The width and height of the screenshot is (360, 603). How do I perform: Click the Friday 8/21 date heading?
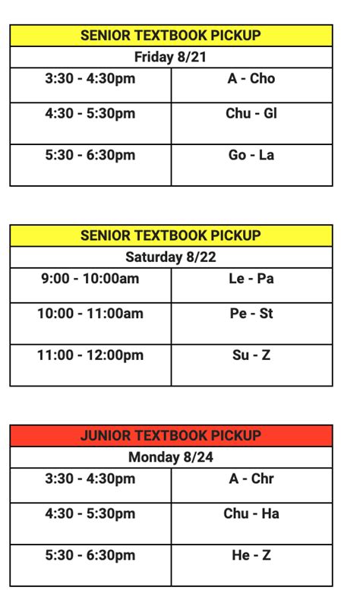pyautogui.click(x=171, y=57)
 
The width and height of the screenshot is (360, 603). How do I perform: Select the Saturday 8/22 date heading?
pyautogui.click(x=171, y=257)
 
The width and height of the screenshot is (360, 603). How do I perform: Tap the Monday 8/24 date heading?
pyautogui.click(x=171, y=457)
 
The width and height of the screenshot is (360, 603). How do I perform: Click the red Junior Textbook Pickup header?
pyautogui.click(x=171, y=436)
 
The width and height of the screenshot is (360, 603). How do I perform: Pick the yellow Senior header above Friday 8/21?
pyautogui.click(x=171, y=36)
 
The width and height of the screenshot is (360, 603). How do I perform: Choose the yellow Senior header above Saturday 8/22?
pyautogui.click(x=171, y=235)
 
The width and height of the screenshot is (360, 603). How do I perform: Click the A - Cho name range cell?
pyautogui.click(x=251, y=79)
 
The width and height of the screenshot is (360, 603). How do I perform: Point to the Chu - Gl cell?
pyautogui.click(x=251, y=114)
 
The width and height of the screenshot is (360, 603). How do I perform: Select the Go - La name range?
pyautogui.click(x=251, y=156)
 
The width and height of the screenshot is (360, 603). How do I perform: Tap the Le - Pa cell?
pyautogui.click(x=251, y=279)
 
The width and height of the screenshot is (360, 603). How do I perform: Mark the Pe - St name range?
pyautogui.click(x=251, y=314)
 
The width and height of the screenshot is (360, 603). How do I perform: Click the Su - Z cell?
pyautogui.click(x=251, y=355)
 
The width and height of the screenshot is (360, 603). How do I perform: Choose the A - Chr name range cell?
pyautogui.click(x=251, y=479)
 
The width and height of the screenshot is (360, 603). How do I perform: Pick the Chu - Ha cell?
pyautogui.click(x=251, y=514)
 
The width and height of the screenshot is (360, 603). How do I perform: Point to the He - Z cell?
pyautogui.click(x=251, y=556)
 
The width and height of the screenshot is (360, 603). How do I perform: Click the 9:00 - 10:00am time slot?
pyautogui.click(x=90, y=279)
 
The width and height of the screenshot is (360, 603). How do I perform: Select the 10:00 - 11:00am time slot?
pyautogui.click(x=90, y=314)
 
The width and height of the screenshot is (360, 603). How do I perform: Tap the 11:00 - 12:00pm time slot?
pyautogui.click(x=90, y=355)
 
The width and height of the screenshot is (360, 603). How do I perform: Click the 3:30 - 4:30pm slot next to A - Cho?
pyautogui.click(x=90, y=79)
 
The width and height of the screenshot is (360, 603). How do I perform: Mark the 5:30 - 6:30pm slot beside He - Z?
pyautogui.click(x=90, y=556)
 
